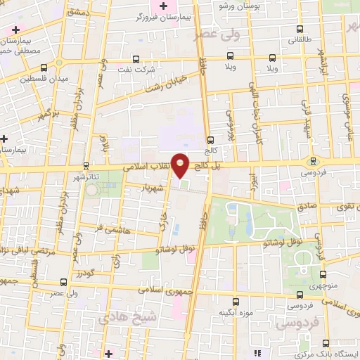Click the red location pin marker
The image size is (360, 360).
(x=181, y=165)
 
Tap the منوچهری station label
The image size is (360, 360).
(x=323, y=286)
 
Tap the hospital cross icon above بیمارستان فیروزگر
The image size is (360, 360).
(x=164, y=6)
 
